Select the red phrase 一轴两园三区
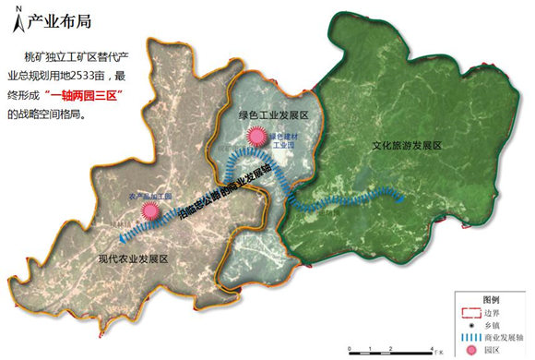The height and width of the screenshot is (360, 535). click(x=93, y=97)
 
